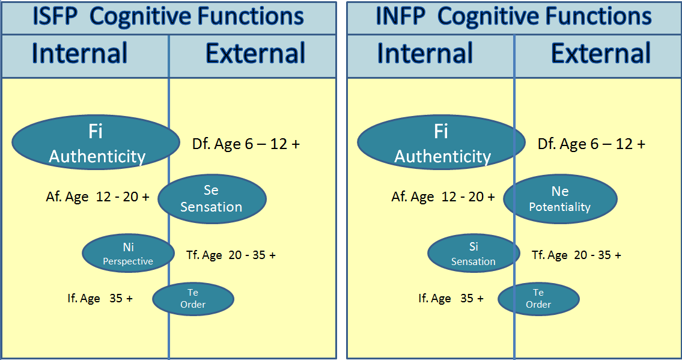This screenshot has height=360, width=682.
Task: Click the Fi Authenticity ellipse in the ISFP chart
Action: point(96,142)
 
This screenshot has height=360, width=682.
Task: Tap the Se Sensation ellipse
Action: point(212,199)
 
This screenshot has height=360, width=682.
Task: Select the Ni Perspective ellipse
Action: point(129,254)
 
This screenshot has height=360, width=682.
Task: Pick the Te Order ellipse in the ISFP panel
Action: point(193,299)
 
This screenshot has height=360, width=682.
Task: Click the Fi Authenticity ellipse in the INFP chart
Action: point(442,142)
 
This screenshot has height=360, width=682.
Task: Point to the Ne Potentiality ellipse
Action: point(560,199)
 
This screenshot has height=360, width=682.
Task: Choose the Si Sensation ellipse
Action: point(473,254)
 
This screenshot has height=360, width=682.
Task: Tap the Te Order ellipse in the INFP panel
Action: point(538,299)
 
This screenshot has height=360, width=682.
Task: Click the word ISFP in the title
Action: point(55,16)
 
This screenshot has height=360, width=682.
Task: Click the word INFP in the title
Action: point(401,16)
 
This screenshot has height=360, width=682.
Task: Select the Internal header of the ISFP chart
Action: point(79,53)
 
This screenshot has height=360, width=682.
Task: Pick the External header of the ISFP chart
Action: point(255,53)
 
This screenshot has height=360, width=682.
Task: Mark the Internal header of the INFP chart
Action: point(425,53)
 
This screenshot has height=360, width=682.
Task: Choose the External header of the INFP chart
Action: point(601,53)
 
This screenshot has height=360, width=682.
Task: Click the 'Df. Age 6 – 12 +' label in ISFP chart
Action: point(246,144)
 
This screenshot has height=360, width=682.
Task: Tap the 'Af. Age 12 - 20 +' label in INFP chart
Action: point(443,197)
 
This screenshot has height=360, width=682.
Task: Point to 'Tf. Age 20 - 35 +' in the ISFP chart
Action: point(231,255)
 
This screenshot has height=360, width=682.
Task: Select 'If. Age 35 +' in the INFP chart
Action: point(451,298)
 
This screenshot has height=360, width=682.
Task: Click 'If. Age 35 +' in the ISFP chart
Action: point(100,298)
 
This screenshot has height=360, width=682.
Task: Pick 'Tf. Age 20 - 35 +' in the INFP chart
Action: point(576,255)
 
